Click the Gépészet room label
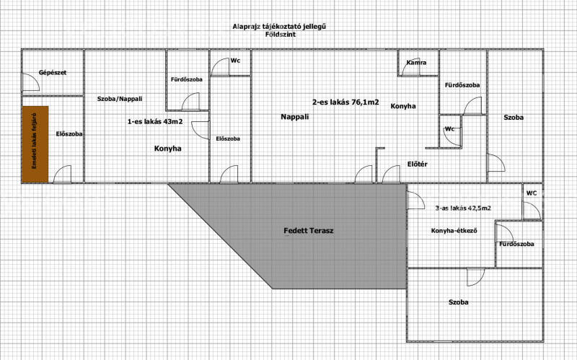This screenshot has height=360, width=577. pyautogui.click(x=53, y=73)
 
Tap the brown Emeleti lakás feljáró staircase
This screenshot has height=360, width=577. pyautogui.click(x=35, y=144)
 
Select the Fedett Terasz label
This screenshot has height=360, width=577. pyautogui.click(x=309, y=231)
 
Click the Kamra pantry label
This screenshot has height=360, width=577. pyautogui.click(x=417, y=63)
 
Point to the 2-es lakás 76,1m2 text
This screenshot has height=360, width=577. pyautogui.click(x=345, y=102)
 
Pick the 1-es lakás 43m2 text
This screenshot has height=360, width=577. pyautogui.click(x=155, y=121)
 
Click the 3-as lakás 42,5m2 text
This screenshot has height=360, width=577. pyautogui.click(x=463, y=208)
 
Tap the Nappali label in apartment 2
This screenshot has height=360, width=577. pyautogui.click(x=295, y=117)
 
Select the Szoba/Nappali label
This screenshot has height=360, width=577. pyautogui.click(x=120, y=99)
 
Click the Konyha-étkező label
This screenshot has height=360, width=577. pyautogui.click(x=454, y=231)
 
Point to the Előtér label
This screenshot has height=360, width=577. pyautogui.click(x=418, y=164)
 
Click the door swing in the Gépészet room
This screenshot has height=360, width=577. pyautogui.click(x=30, y=82)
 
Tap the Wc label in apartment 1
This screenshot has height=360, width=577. pyautogui.click(x=235, y=61)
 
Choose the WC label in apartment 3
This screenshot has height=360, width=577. pyautogui.click(x=532, y=193)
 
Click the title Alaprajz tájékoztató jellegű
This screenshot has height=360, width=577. pyautogui.click(x=279, y=27)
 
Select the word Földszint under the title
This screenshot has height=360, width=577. pyautogui.click(x=281, y=35)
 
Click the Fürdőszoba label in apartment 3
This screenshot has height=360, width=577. pyautogui.click(x=516, y=244)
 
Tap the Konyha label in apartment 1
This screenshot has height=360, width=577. pyautogui.click(x=168, y=149)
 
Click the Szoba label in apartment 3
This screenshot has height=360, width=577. pyautogui.click(x=459, y=302)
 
